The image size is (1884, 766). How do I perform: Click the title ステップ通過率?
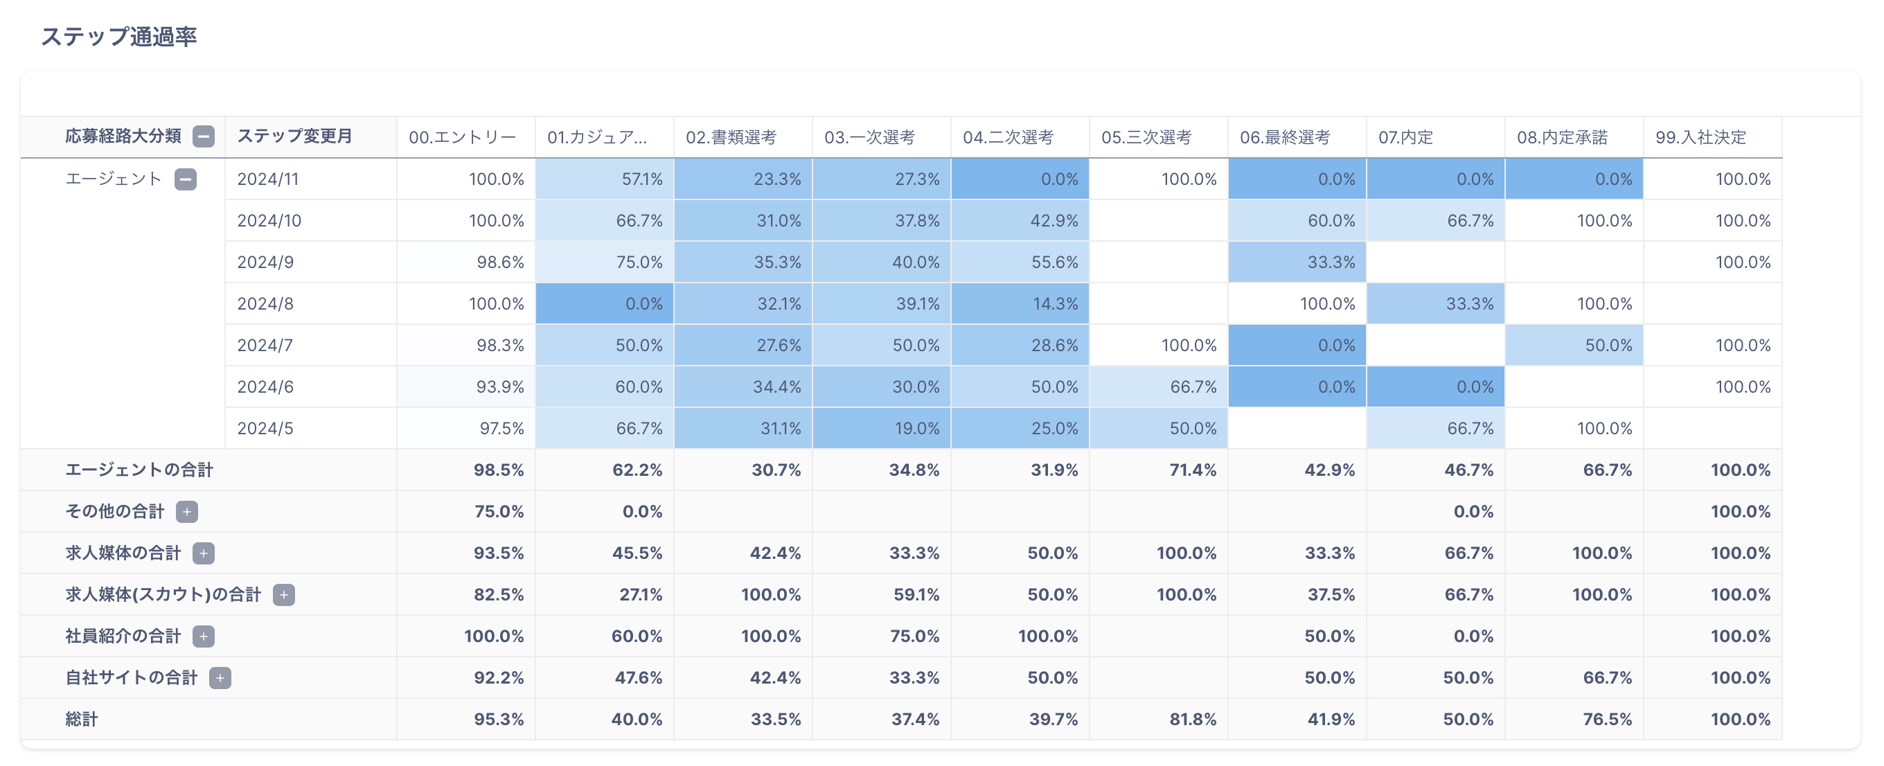(118, 37)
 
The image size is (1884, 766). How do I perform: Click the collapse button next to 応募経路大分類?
(204, 137)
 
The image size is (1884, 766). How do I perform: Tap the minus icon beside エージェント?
(186, 179)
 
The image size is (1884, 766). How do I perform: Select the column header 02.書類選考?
(731, 138)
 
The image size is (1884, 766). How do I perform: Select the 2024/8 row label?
(265, 303)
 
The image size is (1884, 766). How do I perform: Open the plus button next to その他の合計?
(186, 511)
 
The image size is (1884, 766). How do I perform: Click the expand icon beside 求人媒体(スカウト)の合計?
(284, 595)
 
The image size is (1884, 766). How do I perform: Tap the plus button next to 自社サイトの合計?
(220, 678)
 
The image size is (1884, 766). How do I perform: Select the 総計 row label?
(81, 719)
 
